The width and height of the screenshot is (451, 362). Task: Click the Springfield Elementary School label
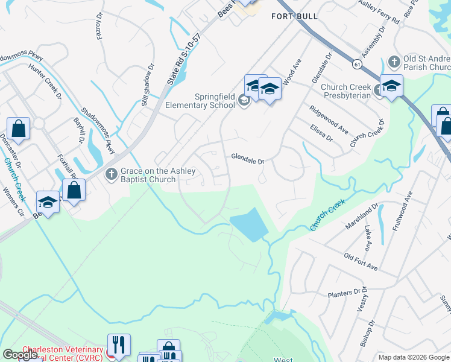[x=214, y=101]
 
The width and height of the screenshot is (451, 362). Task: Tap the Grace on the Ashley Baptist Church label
[x=148, y=175]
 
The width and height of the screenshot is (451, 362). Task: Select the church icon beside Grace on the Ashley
[x=110, y=175]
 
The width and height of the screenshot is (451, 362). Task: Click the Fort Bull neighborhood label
[x=291, y=16]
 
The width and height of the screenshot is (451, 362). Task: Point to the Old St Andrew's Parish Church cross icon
[x=394, y=62]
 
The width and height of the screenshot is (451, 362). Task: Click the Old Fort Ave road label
[x=361, y=262]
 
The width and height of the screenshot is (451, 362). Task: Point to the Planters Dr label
[x=344, y=294]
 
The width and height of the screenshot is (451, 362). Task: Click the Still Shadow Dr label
[x=148, y=84]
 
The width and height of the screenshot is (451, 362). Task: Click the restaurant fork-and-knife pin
[x=119, y=346]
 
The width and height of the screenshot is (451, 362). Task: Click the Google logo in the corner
[x=19, y=355]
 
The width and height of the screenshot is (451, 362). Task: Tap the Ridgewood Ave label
[x=329, y=120]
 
